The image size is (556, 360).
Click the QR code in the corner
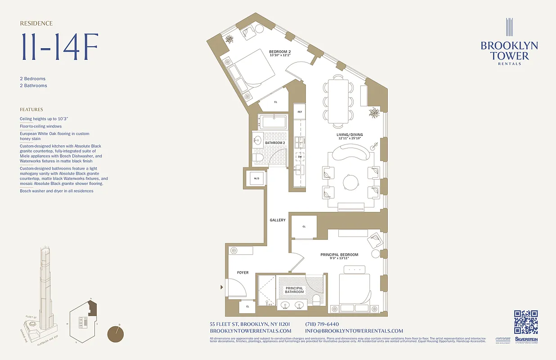click(526, 322)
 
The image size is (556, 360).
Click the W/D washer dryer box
click(256, 178)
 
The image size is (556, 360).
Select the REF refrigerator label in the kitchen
click(300, 111)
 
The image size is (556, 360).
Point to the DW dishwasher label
click(300, 157)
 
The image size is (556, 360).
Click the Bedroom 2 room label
click(280, 52)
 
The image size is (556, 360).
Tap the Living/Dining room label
click(350, 135)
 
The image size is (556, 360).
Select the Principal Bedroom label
click(339, 255)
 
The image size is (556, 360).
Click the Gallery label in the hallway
click(278, 220)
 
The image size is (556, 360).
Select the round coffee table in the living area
click(350, 182)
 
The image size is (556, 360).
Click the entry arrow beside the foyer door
click(221, 287)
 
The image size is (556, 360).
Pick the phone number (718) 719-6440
click(322, 324)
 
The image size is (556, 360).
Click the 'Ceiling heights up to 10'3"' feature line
click(44, 119)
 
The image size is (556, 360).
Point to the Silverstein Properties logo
click(526, 340)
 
